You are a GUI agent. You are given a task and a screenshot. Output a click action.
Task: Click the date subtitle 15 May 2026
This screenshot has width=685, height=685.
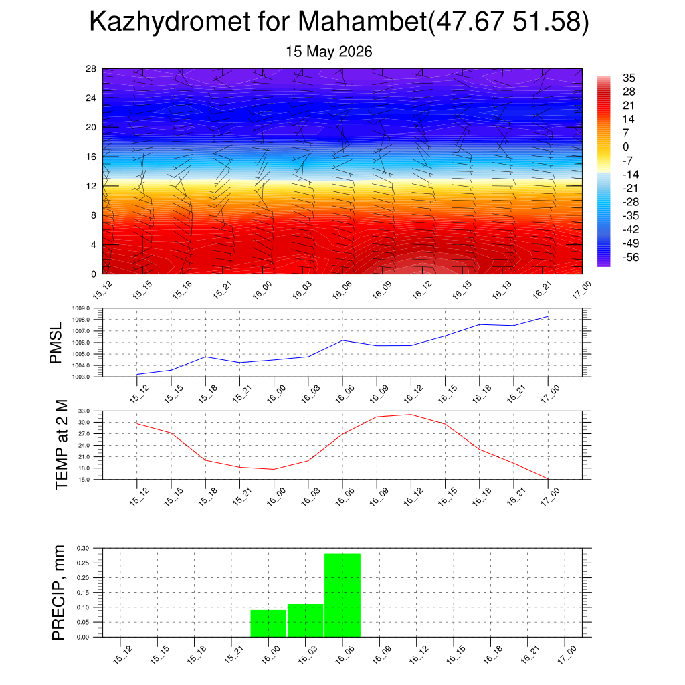pos(329,52)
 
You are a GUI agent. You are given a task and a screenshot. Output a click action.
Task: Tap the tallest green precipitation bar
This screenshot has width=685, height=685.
pos(342,595)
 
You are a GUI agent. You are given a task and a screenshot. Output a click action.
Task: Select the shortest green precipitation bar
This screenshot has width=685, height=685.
pos(268,623)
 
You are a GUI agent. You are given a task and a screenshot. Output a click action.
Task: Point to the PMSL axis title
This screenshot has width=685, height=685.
pos(56,343)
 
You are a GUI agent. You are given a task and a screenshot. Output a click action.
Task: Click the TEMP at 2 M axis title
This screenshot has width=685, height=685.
pos(62,445)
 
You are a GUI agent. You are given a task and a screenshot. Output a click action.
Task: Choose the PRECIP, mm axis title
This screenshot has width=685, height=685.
pos(58,593)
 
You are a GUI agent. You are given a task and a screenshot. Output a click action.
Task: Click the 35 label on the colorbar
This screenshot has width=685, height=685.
pos(629,78)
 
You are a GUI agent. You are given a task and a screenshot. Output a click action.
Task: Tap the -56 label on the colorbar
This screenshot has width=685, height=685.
pos(630,257)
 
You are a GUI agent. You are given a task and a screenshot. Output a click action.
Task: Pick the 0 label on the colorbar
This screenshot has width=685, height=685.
pos(625,146)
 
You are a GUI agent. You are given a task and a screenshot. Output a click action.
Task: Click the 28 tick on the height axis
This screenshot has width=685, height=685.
pos(91,69)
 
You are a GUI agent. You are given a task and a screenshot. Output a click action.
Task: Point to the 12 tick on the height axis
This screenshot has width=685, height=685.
pos(91,186)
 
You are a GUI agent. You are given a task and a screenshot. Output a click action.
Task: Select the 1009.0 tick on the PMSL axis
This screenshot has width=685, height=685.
pos(81,308)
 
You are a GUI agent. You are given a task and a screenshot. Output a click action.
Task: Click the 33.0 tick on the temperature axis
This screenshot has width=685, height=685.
pos(84,411)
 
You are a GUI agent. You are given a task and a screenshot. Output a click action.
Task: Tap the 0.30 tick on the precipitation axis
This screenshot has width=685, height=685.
pos(82,548)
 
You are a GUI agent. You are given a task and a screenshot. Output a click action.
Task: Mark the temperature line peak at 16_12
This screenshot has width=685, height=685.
pos(411,415)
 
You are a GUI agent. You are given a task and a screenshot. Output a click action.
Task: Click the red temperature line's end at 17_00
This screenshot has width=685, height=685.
pos(548,479)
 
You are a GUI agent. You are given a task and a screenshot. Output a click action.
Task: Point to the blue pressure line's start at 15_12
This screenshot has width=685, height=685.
pos(137,375)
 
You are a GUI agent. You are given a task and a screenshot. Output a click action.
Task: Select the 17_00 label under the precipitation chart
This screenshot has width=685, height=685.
pos(567,654)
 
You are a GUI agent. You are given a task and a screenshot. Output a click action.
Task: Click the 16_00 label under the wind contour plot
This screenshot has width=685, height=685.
pos(262,290)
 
